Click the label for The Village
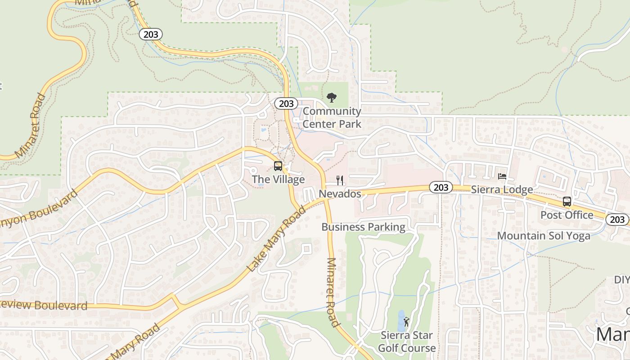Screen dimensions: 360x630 point(278,180)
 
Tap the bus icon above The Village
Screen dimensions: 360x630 point(278,166)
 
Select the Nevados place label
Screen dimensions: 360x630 point(340,194)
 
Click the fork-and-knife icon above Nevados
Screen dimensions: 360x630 point(340,180)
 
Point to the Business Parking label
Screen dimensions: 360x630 point(363,227)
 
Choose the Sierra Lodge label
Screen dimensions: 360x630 point(502,189)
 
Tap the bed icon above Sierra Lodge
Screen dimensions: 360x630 point(502,176)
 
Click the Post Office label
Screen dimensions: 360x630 point(567,215)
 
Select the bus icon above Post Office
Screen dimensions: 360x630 point(567,202)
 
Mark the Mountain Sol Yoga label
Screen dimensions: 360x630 point(544,236)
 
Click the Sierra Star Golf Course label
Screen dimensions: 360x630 point(407,342)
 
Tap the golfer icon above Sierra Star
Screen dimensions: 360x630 point(406,322)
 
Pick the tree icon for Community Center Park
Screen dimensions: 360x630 point(332,97)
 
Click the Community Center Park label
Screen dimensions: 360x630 point(332,117)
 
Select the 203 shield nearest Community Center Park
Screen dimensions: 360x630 point(286,103)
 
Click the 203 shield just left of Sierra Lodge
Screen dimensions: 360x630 point(440,187)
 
